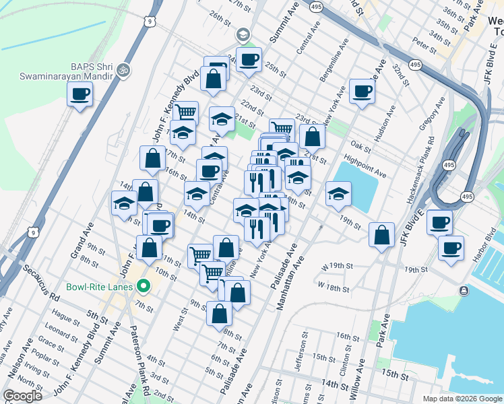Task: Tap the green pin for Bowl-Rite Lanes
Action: click(x=142, y=286)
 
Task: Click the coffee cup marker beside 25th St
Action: click(x=249, y=59)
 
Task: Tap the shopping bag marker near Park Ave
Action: click(x=382, y=235)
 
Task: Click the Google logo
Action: click(x=22, y=395)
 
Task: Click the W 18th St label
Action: click(x=334, y=288)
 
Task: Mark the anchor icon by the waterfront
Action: click(x=464, y=290)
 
